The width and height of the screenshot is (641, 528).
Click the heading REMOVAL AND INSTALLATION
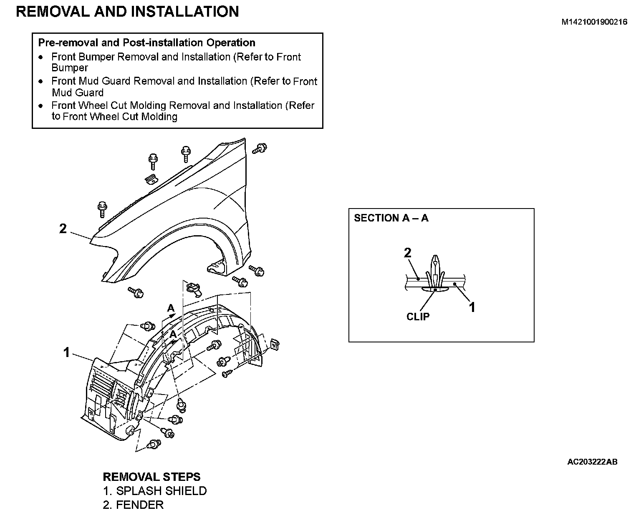click(127, 12)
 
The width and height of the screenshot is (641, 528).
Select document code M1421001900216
click(594, 23)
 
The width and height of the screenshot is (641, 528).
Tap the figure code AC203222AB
click(592, 462)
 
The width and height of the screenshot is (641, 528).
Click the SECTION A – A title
click(391, 218)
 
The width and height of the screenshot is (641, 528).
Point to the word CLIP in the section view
click(418, 317)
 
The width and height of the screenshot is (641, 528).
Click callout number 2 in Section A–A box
click(408, 252)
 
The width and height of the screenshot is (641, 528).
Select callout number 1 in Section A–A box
click(472, 307)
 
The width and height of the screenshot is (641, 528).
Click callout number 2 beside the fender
click(63, 229)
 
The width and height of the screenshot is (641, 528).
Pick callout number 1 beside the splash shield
click(66, 353)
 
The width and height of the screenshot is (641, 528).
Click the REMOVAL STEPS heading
click(151, 477)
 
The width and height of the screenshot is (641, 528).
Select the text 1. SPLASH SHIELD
click(155, 491)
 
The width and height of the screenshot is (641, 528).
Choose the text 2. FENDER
click(133, 505)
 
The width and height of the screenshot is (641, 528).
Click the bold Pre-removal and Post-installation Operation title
click(146, 43)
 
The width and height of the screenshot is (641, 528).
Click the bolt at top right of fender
click(260, 148)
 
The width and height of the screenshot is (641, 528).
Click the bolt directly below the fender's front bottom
click(136, 292)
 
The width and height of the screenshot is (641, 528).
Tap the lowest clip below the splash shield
click(154, 445)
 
